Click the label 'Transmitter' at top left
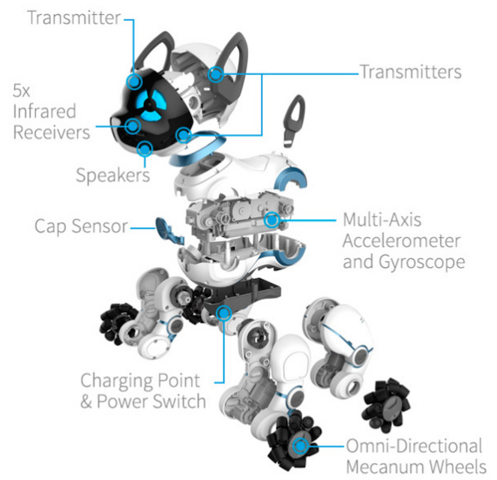tap(74, 17)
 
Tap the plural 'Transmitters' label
tap(411, 72)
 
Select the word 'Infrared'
tap(44, 111)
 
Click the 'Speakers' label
tap(113, 175)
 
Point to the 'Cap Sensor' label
tap(81, 226)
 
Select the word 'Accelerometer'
tap(401, 241)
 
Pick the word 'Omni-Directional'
tap(414, 445)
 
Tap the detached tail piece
tap(294, 121)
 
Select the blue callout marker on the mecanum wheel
tap(300, 446)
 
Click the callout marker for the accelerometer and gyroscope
tap(272, 220)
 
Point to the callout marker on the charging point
tap(224, 313)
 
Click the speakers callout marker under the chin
tap(145, 148)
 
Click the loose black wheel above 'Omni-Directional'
tap(386, 406)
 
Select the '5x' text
tap(22, 91)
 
